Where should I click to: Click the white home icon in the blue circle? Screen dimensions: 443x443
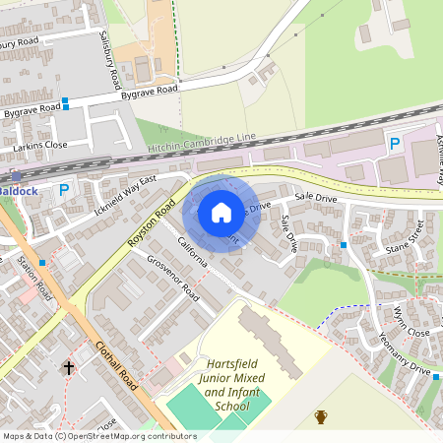pos(221,213)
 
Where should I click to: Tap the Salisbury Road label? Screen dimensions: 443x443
pos(110,60)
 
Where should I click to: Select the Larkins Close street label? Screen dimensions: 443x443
pos(40,145)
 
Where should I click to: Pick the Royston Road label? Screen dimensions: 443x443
pos(152,221)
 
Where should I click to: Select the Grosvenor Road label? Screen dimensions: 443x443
pos(172,279)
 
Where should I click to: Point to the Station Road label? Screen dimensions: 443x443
pos(35,279)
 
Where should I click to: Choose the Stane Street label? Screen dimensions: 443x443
pos(404,237)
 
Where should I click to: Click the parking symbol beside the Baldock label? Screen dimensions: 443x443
pos(65,190)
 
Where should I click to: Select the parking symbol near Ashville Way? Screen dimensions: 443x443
pos(395,144)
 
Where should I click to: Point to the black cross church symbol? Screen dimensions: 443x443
pos(68,367)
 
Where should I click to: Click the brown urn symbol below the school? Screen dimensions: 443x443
pos(321,416)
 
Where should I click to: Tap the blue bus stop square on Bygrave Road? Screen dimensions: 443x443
pos(66,102)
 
